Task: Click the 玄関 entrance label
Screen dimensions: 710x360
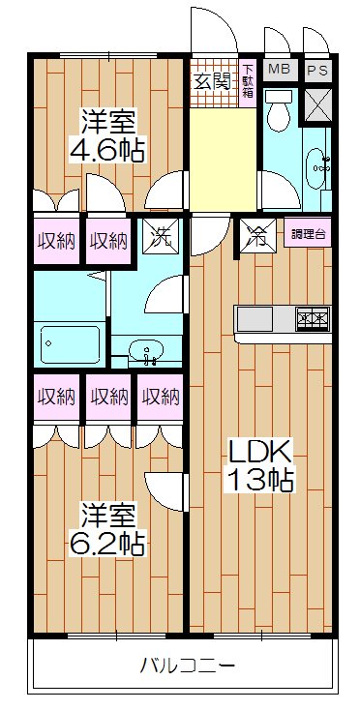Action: pos(214,81)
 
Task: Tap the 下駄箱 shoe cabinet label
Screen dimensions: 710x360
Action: pos(248,82)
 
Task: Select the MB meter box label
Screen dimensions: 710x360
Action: pos(279,69)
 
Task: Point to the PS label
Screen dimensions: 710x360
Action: pos(316,70)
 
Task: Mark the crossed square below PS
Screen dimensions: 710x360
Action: pos(317,106)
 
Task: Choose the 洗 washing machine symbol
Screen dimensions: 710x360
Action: pos(158,238)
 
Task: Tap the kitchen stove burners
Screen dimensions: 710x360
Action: pos(314,317)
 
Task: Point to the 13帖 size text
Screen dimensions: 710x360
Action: pos(259,478)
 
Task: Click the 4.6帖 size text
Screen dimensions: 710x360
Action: pos(107,150)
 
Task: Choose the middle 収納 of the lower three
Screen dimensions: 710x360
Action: pos(108,396)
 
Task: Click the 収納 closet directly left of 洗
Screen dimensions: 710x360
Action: pos(108,240)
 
